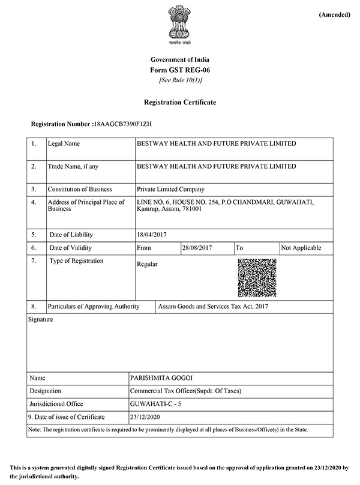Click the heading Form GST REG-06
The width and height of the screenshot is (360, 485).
coord(179,70)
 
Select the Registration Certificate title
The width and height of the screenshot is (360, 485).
coord(179,103)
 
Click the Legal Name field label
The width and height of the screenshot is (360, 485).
coord(64,144)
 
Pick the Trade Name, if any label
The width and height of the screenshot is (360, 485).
coord(73,166)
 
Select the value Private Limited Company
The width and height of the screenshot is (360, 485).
coord(170,189)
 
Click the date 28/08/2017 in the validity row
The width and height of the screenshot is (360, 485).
coord(198,248)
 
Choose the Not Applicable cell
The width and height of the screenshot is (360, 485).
coord(301,248)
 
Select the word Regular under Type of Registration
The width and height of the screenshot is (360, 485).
coord(148,264)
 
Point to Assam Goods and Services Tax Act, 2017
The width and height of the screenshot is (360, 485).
coord(212,307)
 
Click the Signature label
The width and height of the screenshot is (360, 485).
coord(41,320)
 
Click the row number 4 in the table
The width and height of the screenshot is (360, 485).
coord(34,202)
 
